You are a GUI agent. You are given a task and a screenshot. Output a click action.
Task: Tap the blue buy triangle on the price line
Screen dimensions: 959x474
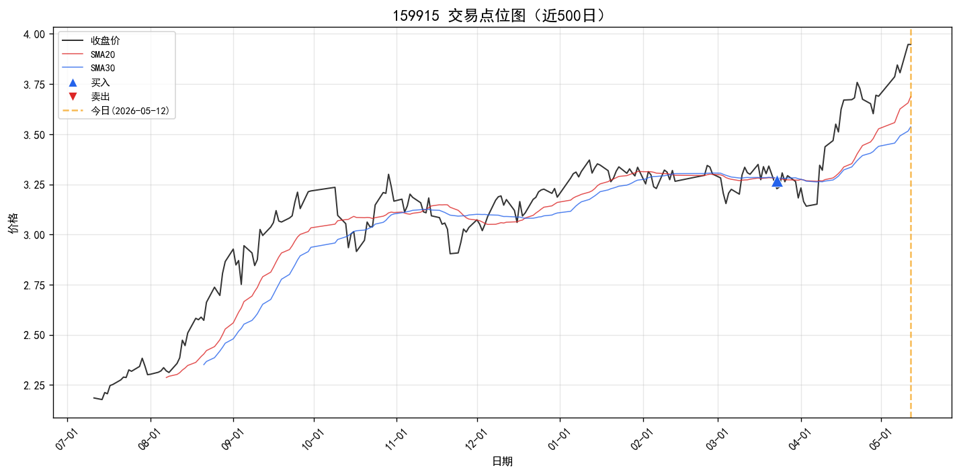tap(777, 182)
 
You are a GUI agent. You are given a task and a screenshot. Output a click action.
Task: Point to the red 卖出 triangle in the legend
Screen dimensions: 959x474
tap(73, 96)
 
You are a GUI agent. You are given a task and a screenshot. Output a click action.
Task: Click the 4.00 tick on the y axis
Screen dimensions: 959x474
tap(34, 34)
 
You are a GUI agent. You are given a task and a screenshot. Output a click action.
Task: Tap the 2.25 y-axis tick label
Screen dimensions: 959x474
tap(34, 385)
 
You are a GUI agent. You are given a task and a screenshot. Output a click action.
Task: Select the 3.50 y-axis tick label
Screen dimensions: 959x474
tap(34, 135)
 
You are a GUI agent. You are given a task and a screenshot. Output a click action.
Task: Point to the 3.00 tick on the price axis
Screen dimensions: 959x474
tap(34, 235)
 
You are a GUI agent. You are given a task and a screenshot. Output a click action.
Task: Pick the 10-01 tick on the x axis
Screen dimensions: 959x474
tap(313, 440)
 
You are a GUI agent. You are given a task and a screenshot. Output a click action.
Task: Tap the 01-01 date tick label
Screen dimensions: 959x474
tap(558, 440)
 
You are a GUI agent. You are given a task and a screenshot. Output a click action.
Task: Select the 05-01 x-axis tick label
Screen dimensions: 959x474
tap(880, 440)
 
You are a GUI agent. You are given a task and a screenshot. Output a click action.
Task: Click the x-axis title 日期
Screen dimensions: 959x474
tap(502, 461)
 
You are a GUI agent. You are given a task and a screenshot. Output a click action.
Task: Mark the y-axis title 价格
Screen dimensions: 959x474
tap(13, 223)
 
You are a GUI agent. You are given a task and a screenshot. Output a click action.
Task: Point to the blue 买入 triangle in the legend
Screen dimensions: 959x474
tap(73, 83)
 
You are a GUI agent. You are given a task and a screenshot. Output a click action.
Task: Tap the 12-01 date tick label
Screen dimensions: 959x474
tap(476, 440)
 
